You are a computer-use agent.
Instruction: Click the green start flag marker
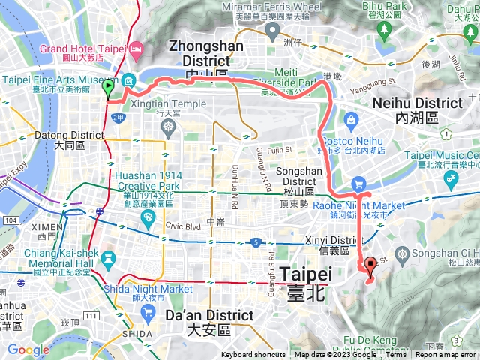pos(108,88)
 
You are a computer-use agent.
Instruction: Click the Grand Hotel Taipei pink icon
pos(136,50)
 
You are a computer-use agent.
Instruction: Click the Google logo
pos(28,349)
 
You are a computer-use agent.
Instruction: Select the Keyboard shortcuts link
pos(253,355)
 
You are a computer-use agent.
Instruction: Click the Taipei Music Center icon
pos(451,178)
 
